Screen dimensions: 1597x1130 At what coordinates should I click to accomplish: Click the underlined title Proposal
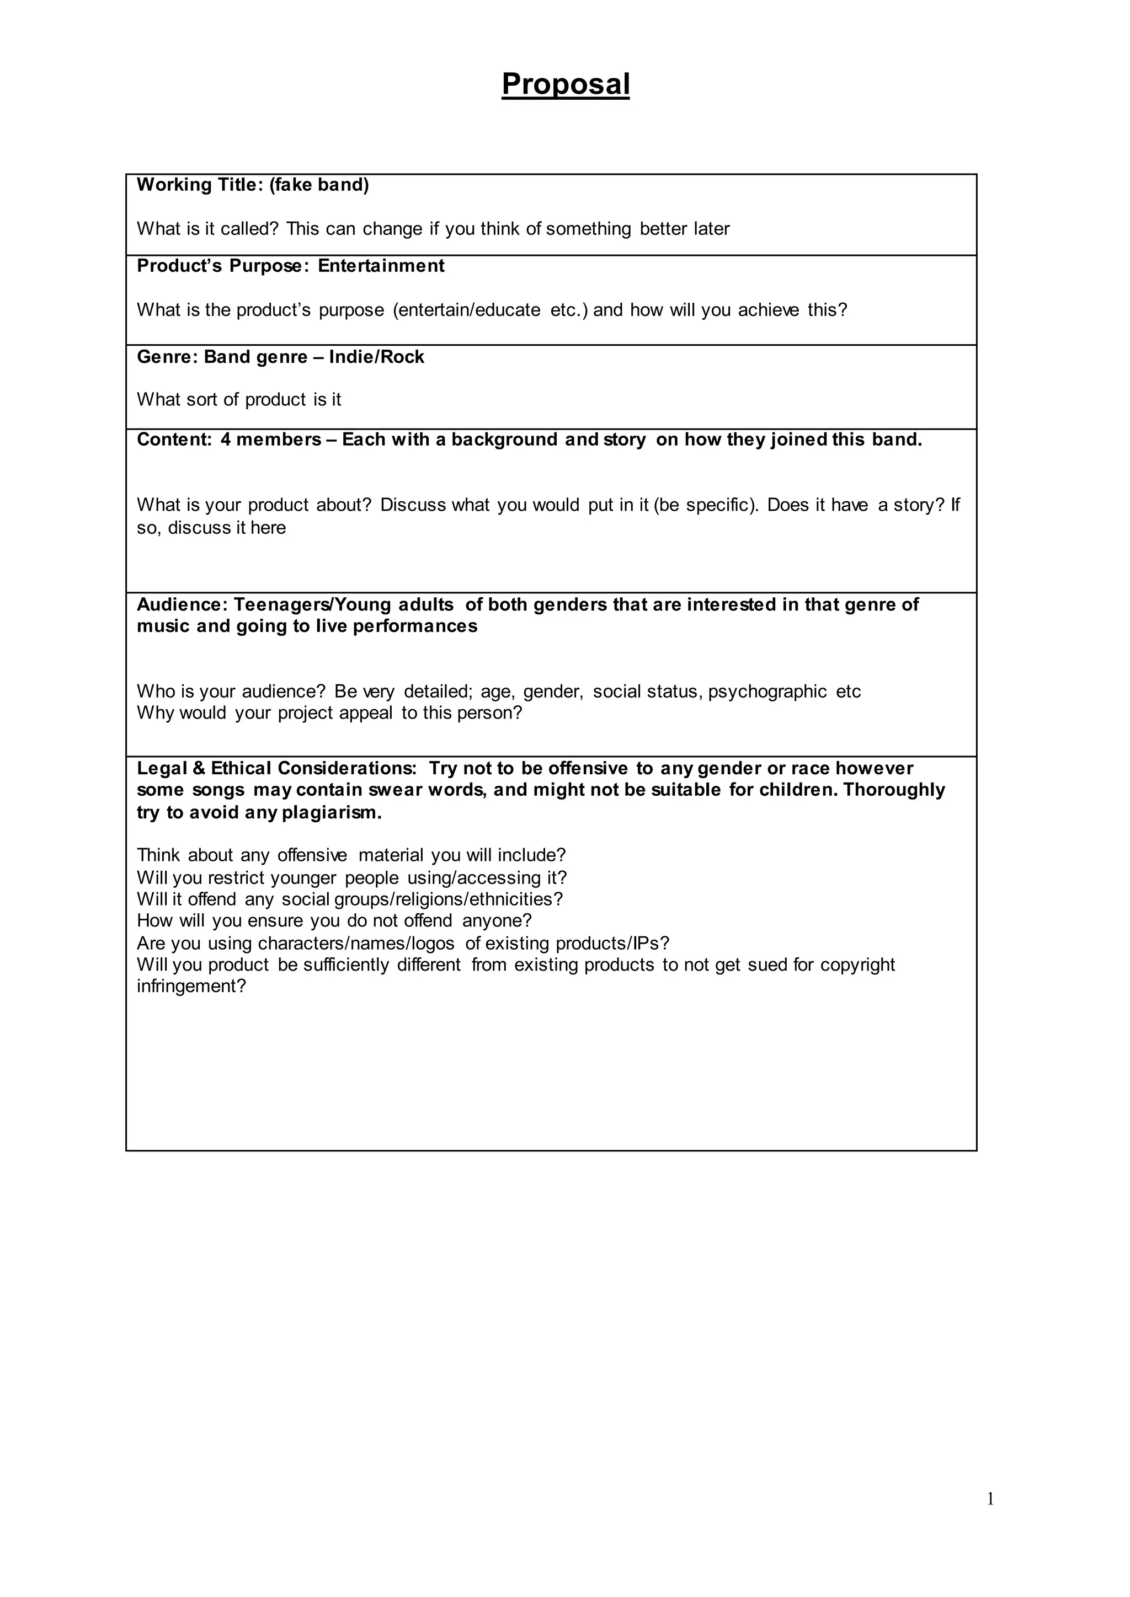tap(565, 84)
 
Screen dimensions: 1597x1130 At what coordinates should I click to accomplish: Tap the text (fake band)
tap(319, 185)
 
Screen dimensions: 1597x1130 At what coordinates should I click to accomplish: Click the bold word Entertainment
tap(381, 266)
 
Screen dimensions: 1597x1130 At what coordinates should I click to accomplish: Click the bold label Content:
tap(174, 440)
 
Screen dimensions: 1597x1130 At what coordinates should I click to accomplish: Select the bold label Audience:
tap(182, 604)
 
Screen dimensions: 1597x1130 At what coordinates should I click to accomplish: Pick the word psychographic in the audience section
tap(767, 692)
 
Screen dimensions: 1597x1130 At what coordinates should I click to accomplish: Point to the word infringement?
tap(191, 987)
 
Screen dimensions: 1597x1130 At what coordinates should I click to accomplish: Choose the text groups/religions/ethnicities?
tap(448, 899)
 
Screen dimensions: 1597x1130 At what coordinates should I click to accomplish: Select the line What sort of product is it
tap(239, 399)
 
